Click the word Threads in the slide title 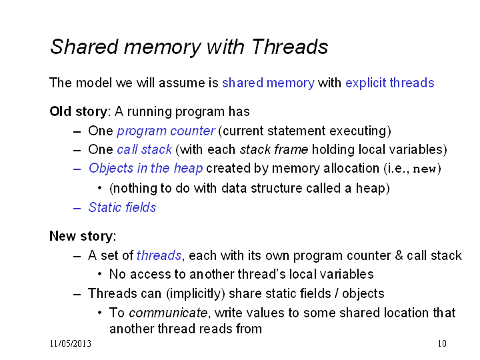click(x=289, y=47)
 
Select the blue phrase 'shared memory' click(x=268, y=83)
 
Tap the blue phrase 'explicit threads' click(x=390, y=83)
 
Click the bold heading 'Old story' click(x=79, y=112)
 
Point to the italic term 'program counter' click(x=166, y=131)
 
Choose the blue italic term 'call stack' click(x=145, y=150)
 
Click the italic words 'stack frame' click(x=274, y=150)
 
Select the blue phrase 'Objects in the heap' click(x=146, y=169)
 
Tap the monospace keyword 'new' click(x=425, y=169)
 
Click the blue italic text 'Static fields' click(x=123, y=207)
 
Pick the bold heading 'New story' click(x=81, y=236)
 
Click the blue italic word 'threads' click(x=159, y=255)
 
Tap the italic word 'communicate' click(x=168, y=313)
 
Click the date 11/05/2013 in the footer click(x=71, y=343)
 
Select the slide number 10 click(x=442, y=343)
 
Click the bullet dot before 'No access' click(x=99, y=274)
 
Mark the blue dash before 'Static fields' click(x=77, y=209)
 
